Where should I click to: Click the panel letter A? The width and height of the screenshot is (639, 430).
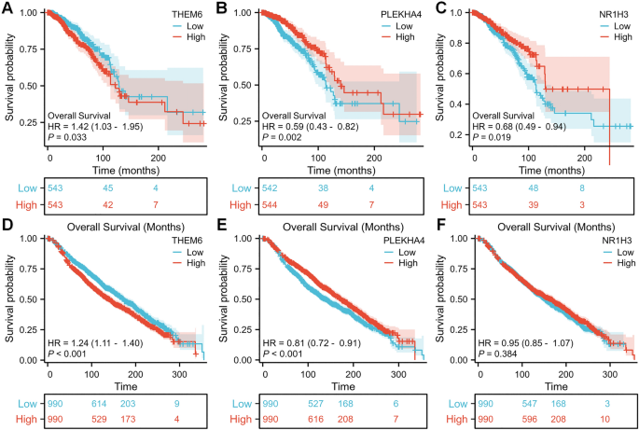pos(7,7)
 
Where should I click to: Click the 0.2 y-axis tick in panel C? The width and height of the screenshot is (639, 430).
pos(460,135)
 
